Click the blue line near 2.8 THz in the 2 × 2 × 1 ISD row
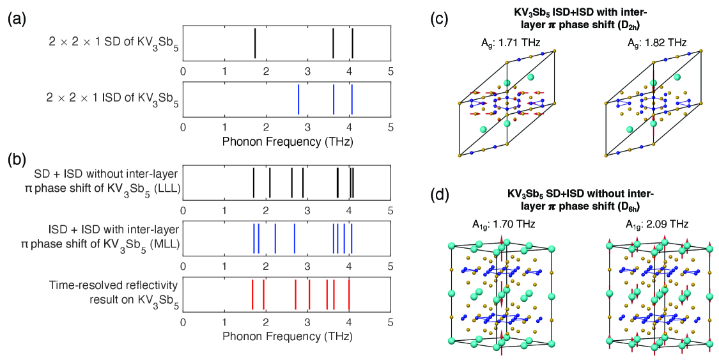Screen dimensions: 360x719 pos(298,99)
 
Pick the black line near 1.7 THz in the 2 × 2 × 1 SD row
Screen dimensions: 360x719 pos(255,43)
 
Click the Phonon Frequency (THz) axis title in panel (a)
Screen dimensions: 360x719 pos(287,140)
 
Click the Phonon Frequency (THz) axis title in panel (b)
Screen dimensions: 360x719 pos(287,334)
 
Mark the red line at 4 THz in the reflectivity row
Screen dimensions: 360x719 pos(349,294)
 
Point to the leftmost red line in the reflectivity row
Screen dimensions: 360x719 pos(252,294)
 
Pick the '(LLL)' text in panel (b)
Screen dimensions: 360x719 pos(166,189)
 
